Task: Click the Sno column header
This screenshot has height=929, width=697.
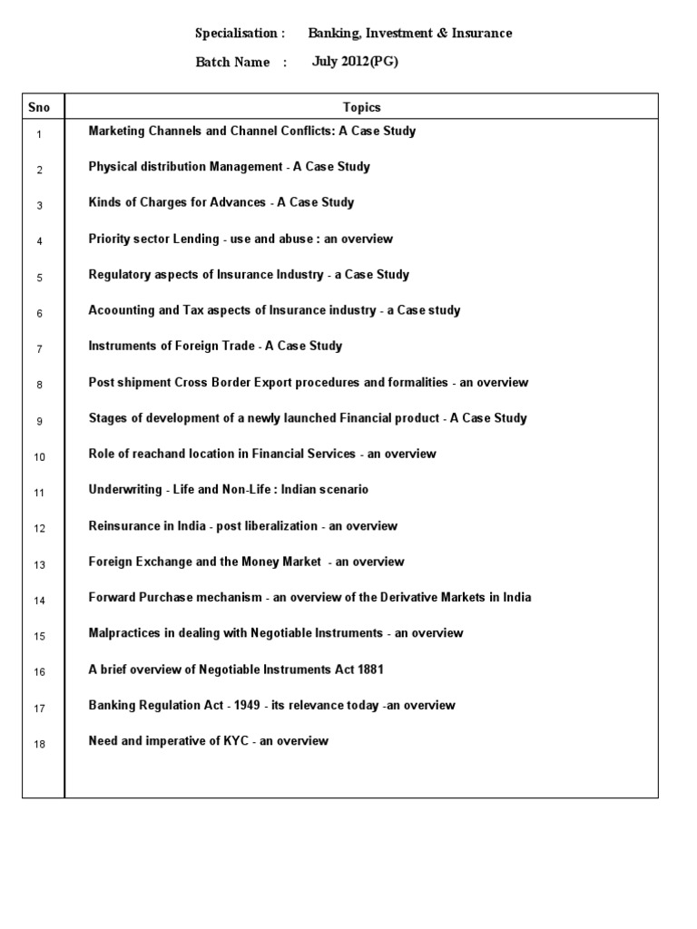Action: pyautogui.click(x=39, y=107)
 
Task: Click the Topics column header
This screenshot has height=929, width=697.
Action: pyautogui.click(x=361, y=107)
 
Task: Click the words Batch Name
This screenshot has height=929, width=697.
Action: pyautogui.click(x=232, y=63)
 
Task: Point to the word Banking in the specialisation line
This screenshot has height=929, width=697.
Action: pyautogui.click(x=333, y=34)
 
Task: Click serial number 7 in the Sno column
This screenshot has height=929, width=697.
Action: pyautogui.click(x=40, y=349)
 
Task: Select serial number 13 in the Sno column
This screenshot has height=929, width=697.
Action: pyautogui.click(x=40, y=565)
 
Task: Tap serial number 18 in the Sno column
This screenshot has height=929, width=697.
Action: pyautogui.click(x=40, y=744)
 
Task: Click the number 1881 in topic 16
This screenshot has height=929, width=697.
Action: pyautogui.click(x=369, y=670)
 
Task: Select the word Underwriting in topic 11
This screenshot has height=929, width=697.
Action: pyautogui.click(x=125, y=490)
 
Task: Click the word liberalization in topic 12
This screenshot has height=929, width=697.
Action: pyautogui.click(x=280, y=525)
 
